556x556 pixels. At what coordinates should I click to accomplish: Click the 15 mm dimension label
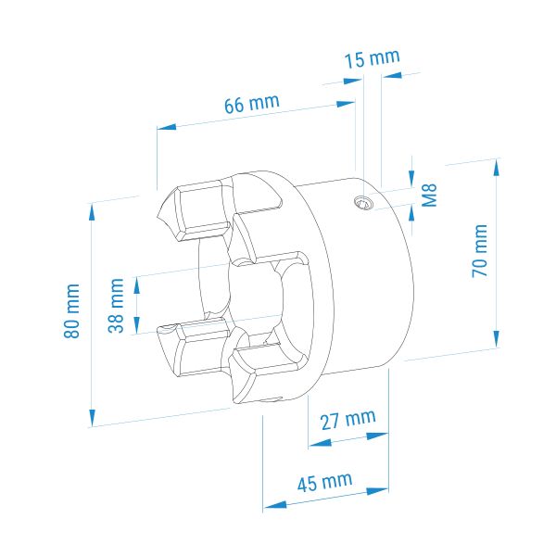point(372,58)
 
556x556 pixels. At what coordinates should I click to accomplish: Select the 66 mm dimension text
point(252,103)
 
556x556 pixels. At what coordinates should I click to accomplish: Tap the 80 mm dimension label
point(71,311)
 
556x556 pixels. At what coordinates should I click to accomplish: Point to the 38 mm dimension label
point(116,305)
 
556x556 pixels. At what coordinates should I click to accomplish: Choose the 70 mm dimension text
point(479,251)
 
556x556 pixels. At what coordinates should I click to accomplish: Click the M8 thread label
point(429,196)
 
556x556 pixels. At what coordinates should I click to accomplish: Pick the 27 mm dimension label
point(347,420)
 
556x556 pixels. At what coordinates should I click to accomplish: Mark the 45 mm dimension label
point(325,482)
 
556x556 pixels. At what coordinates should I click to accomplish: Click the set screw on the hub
point(364,203)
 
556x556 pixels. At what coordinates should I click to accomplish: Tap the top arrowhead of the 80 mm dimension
point(92,212)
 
